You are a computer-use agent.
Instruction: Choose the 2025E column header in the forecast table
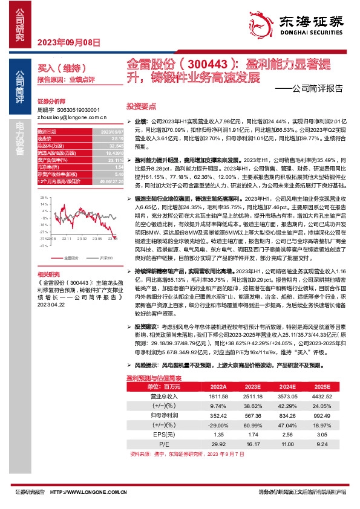pos(322,386)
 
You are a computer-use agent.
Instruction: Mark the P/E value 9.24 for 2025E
pos(322,444)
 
